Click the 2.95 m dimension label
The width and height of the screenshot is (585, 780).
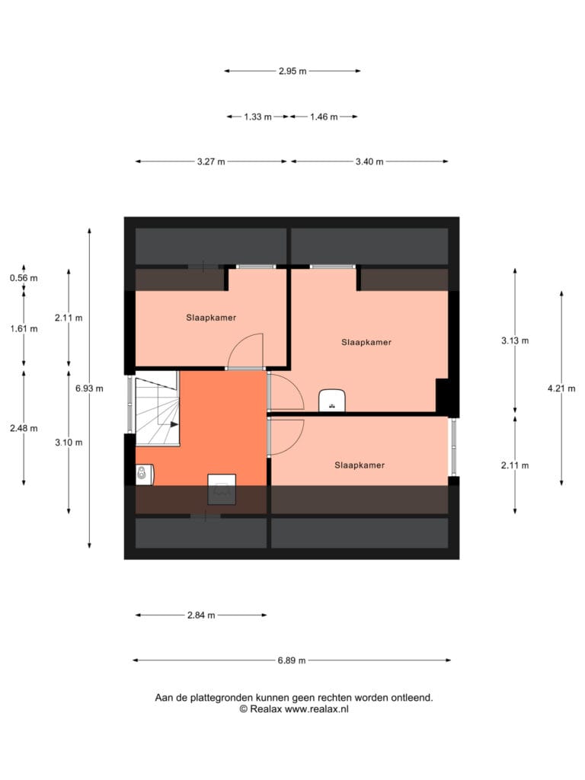[292, 71]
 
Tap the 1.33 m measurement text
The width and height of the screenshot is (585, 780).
[257, 117]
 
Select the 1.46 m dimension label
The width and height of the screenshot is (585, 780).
[324, 117]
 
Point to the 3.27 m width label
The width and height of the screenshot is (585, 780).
[211, 161]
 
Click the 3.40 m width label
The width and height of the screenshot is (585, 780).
[369, 161]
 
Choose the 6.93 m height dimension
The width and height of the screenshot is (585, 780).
[90, 388]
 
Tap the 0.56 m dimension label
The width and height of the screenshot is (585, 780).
[24, 278]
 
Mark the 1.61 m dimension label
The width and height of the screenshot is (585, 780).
[24, 329]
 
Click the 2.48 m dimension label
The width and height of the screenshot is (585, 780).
[24, 428]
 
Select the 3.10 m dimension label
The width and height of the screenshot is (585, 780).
[69, 443]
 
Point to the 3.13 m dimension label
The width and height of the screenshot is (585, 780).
[515, 340]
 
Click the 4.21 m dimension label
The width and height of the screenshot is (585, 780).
[561, 388]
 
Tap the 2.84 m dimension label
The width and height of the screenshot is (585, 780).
[201, 615]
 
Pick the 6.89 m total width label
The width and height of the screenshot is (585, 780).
[292, 660]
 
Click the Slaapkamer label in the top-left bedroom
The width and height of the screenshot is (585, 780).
[211, 318]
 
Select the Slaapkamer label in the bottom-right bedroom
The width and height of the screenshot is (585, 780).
[360, 465]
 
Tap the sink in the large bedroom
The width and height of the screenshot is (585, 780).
[332, 401]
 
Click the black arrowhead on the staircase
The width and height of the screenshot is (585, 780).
[174, 424]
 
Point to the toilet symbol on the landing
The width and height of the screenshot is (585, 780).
[144, 474]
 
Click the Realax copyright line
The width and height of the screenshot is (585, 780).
[294, 709]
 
